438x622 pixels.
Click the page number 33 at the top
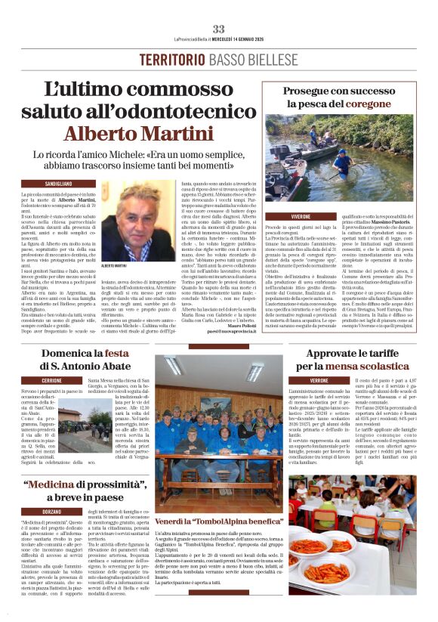pos(218,29)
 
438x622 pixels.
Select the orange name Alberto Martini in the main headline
pos(143,134)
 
